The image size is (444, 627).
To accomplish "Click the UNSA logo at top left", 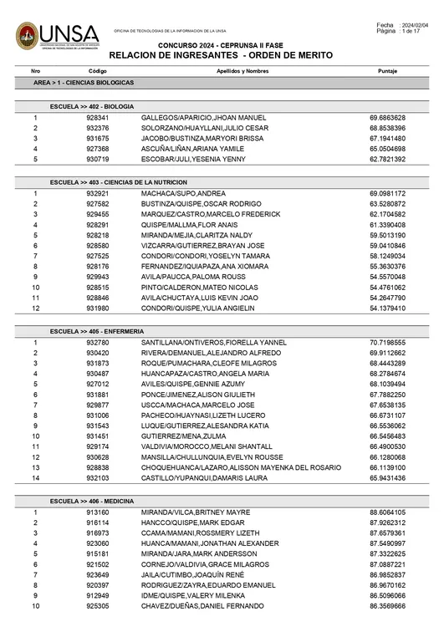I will click(58, 35).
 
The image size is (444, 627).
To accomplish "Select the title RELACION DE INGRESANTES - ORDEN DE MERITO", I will click(221, 54).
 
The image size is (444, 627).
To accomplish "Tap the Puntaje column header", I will click(387, 72).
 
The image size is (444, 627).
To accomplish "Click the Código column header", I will click(98, 72).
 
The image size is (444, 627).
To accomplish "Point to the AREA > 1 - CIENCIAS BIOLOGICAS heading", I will click(83, 84).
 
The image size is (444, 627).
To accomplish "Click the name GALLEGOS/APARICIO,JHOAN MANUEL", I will click(203, 118).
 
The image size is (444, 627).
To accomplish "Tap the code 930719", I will click(98, 159).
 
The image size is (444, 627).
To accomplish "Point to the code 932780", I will click(98, 343).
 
